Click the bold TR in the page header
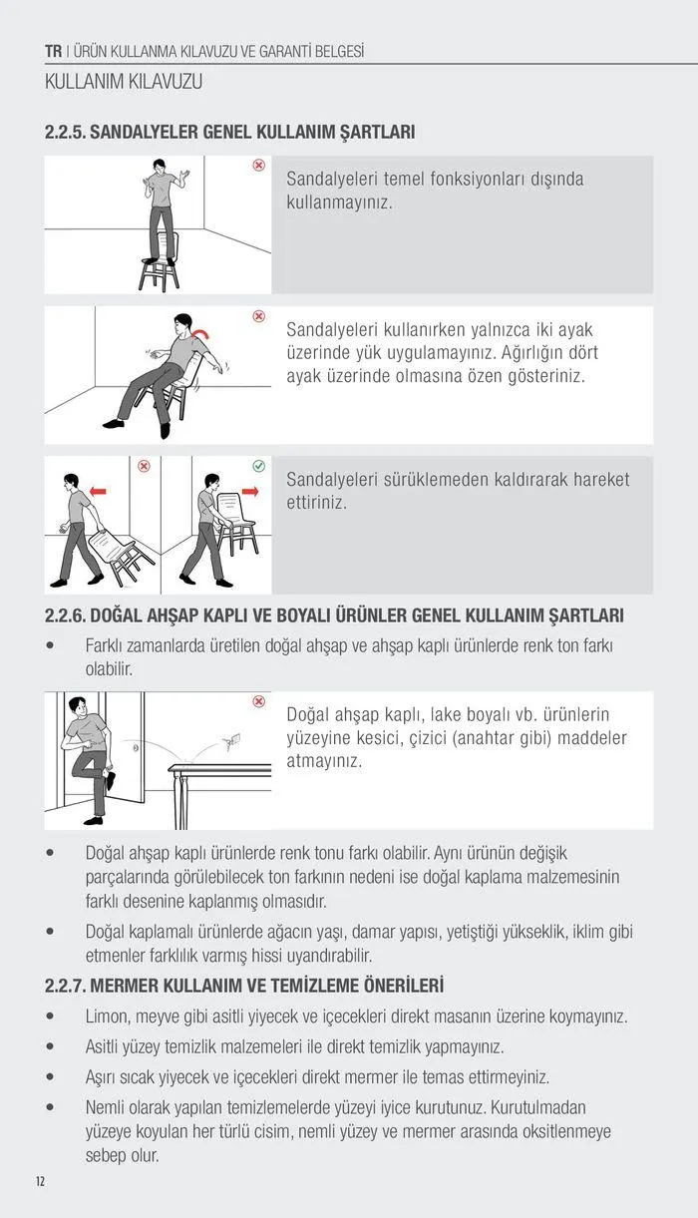54,51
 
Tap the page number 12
40,1181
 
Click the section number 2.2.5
65,132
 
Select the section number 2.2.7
65,986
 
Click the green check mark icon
258,466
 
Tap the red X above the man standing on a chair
258,165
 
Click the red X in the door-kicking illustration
258,702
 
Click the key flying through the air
232,738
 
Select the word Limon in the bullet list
109,1016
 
